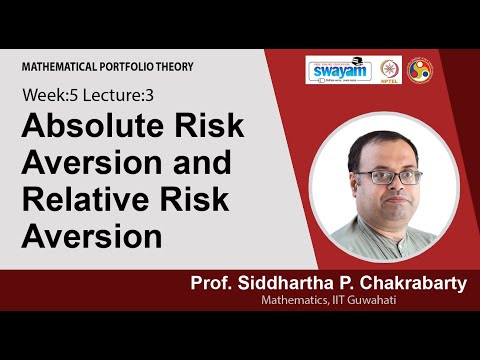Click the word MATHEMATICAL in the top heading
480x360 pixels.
(59, 67)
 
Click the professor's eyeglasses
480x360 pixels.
(382, 177)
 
